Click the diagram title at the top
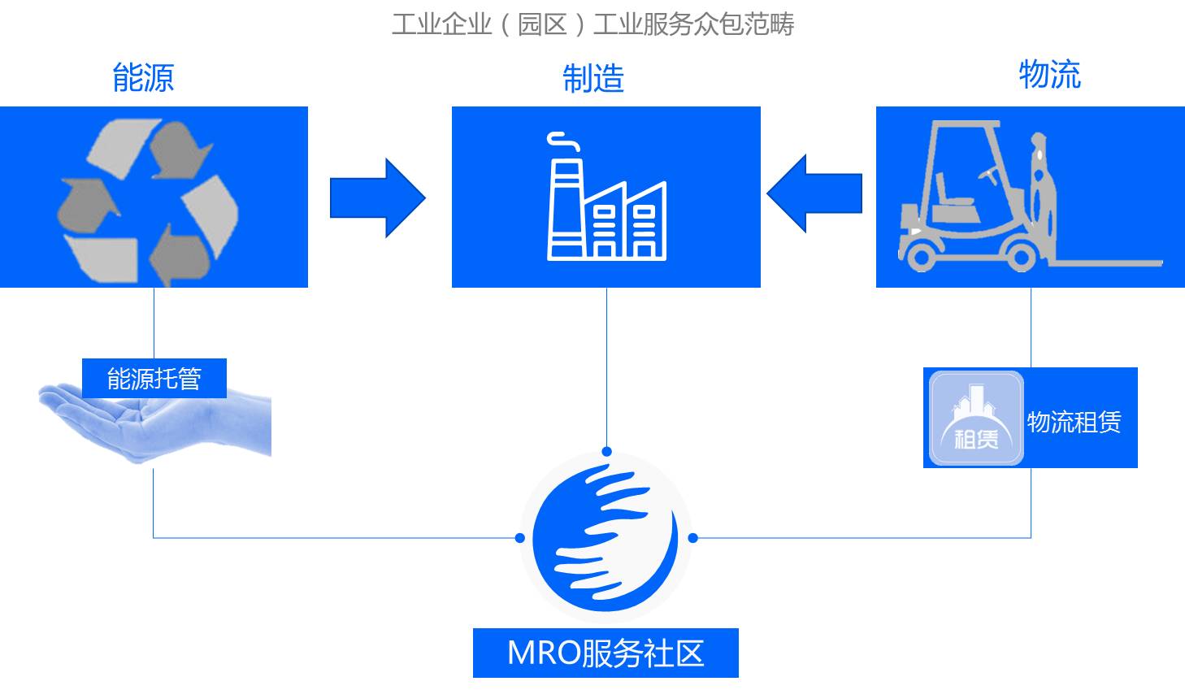592,24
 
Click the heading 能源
143,77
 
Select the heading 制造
593,79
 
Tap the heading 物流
1049,74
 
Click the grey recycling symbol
149,200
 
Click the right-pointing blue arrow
377,197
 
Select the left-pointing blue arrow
814,193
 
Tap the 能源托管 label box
154,379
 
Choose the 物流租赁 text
1074,422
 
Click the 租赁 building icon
976,419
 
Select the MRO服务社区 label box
606,653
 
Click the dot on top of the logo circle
606,452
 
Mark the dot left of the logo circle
520,537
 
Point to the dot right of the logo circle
692,537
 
